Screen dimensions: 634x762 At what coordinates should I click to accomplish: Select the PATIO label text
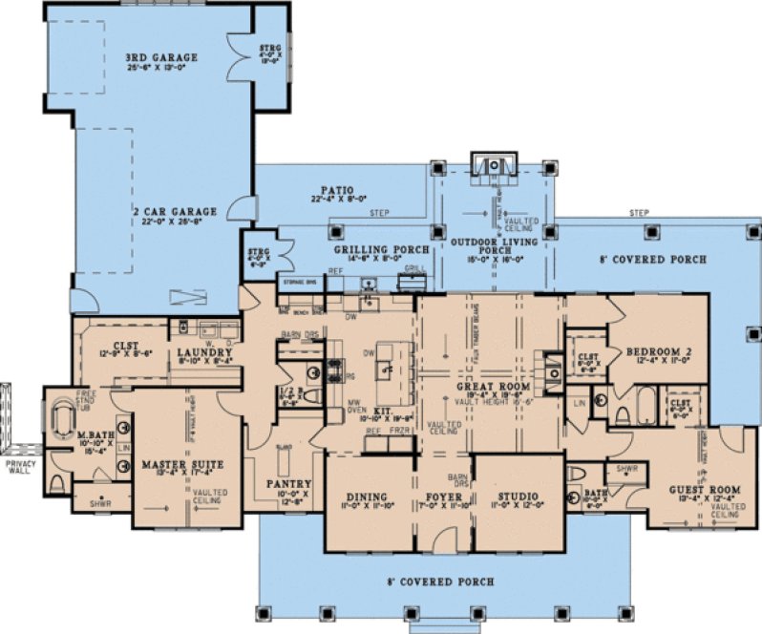(331, 190)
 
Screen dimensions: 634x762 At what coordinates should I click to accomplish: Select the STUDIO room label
(518, 497)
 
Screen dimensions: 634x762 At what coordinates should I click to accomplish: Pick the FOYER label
(447, 497)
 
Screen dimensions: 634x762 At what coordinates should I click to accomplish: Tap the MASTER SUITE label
(181, 465)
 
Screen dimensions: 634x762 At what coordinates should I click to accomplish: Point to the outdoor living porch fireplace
(494, 168)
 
